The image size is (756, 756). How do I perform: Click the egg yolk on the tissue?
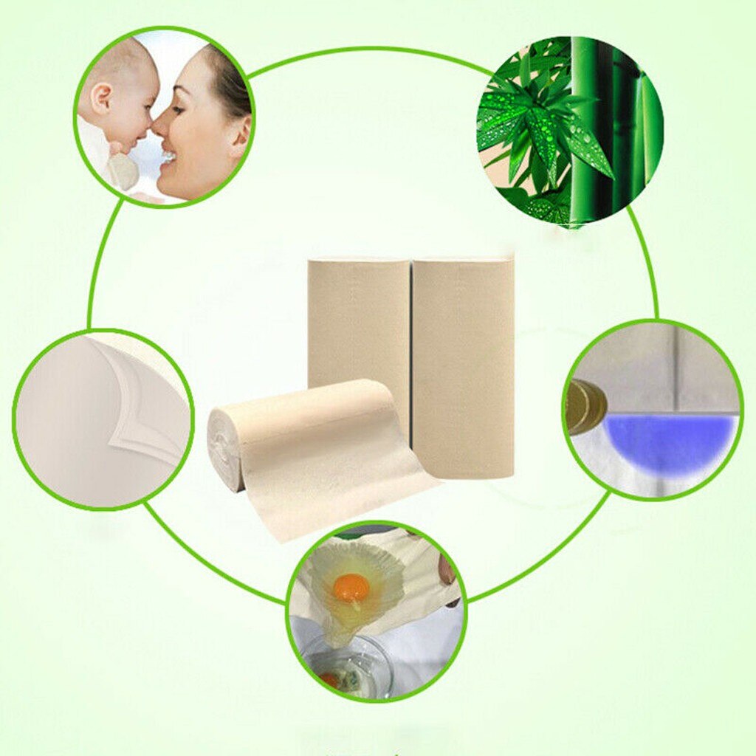coord(351,588)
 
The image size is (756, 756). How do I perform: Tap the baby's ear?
coord(101,98)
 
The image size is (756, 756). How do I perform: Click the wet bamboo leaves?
coord(543,129)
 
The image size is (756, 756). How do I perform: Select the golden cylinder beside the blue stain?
coord(585,406)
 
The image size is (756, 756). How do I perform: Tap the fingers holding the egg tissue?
coord(447,568)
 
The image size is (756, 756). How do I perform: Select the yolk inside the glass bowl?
coord(329,679)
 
